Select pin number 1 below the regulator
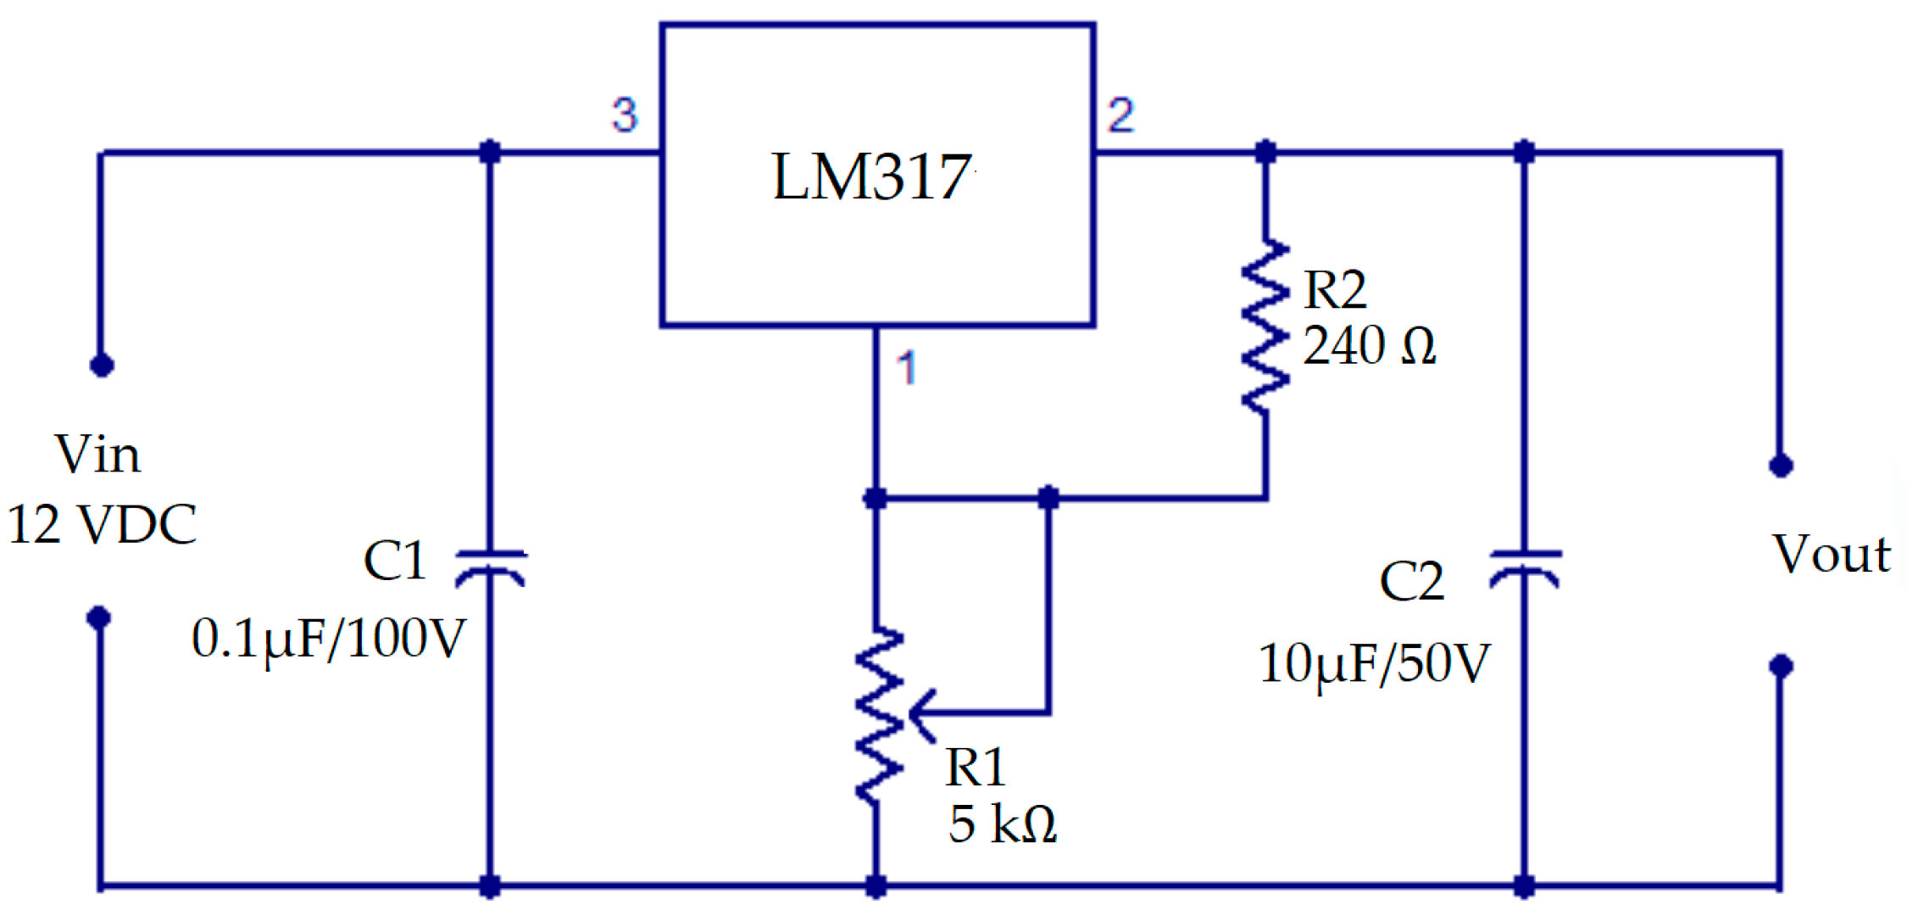(907, 367)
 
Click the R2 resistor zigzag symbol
(1265, 327)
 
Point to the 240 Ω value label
(1369, 345)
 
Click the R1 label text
(975, 768)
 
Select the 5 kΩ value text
(1003, 824)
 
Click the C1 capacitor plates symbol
(490, 567)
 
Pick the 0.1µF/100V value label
(329, 638)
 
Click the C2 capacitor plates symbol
(1525, 567)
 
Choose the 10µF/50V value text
(1373, 663)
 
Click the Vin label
(97, 455)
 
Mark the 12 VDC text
(102, 524)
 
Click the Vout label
(1832, 555)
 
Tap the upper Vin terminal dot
(102, 366)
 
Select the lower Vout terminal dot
(1781, 666)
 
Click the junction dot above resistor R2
(1265, 153)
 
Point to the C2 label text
(1411, 582)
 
